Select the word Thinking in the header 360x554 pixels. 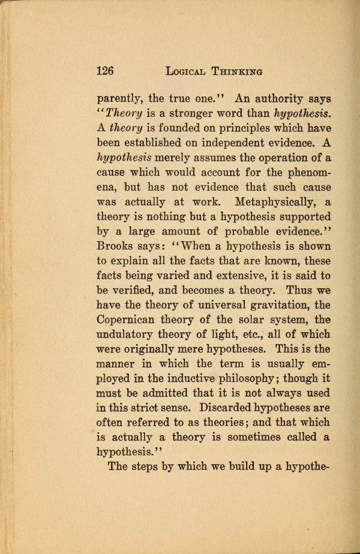coord(237,71)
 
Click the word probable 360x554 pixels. coord(224,232)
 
